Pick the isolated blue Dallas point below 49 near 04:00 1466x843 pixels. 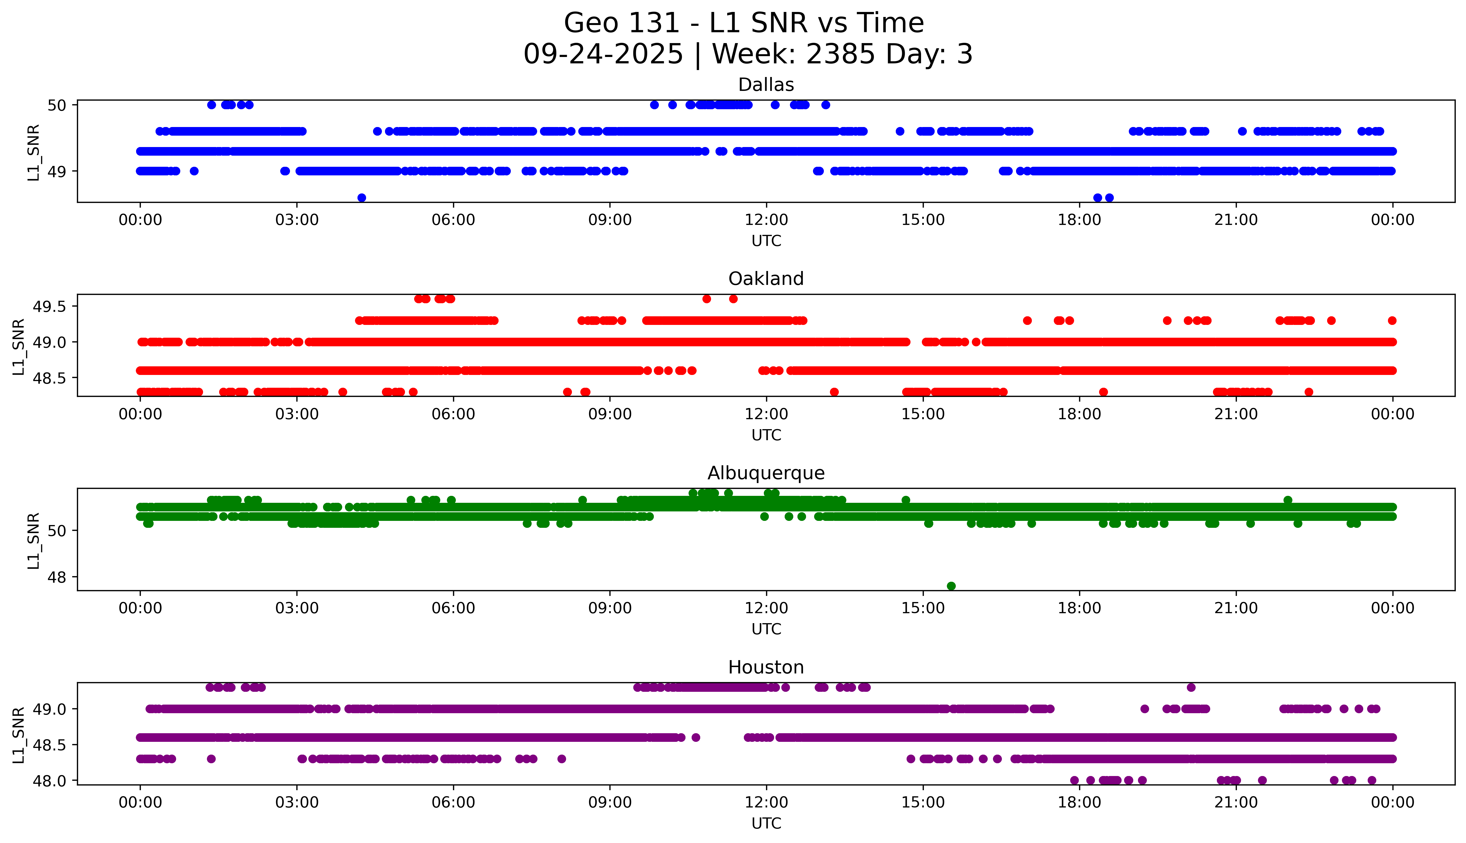point(362,198)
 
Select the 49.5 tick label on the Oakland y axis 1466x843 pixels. point(50,307)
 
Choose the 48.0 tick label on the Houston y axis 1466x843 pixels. point(50,780)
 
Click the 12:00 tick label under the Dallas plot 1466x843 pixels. point(766,220)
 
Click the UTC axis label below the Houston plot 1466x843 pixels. point(766,823)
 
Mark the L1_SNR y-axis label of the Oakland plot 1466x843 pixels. point(19,347)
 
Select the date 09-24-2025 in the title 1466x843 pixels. point(603,54)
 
